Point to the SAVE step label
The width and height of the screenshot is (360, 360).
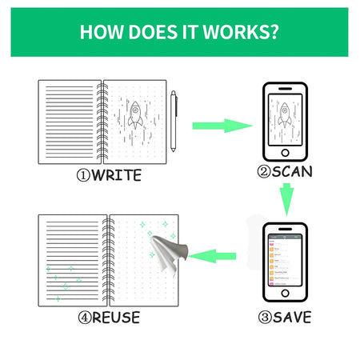pyautogui.click(x=291, y=317)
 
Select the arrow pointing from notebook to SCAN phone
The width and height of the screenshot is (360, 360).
pyautogui.click(x=218, y=125)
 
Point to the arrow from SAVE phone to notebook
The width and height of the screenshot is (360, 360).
pyautogui.click(x=215, y=257)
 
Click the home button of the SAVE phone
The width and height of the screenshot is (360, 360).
pyautogui.click(x=285, y=297)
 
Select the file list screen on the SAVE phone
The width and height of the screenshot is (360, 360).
pyautogui.click(x=285, y=260)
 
